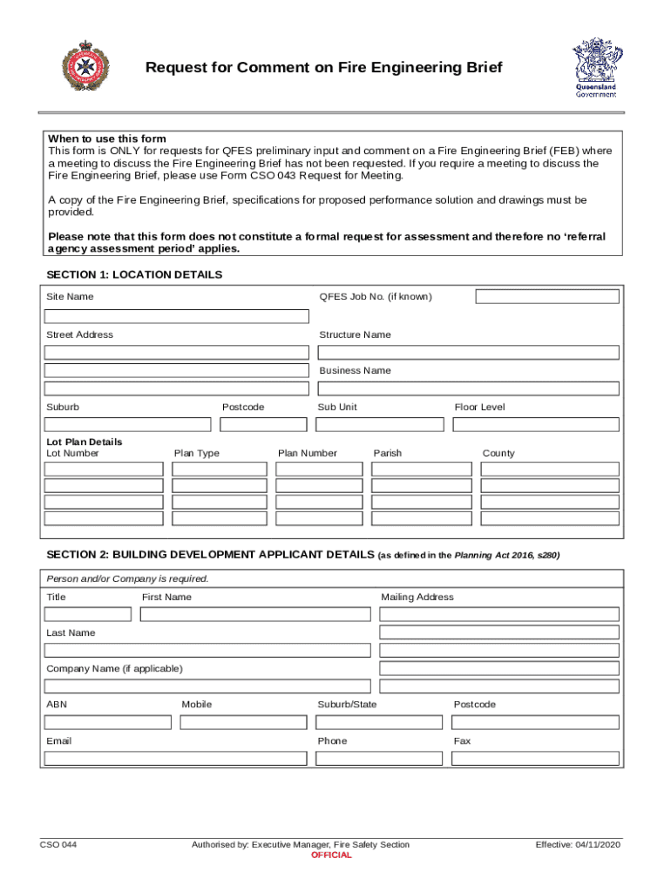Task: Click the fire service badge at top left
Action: (x=85, y=67)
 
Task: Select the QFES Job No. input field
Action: (x=546, y=297)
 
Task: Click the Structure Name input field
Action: (x=468, y=353)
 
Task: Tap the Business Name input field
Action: (x=468, y=389)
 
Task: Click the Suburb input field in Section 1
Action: (x=127, y=425)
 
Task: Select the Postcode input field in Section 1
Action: (x=263, y=425)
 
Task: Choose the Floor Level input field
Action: (x=535, y=425)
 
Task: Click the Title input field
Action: (x=87, y=614)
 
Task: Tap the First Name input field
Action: (x=255, y=614)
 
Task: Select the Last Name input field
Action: (x=207, y=651)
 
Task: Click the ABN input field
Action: (x=108, y=722)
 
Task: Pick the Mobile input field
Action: (x=244, y=722)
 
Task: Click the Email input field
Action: (x=175, y=759)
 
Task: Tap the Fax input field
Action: (x=535, y=759)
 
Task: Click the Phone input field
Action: (x=380, y=759)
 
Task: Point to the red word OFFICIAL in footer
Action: (x=331, y=855)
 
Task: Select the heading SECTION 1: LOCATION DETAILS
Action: (x=134, y=275)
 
